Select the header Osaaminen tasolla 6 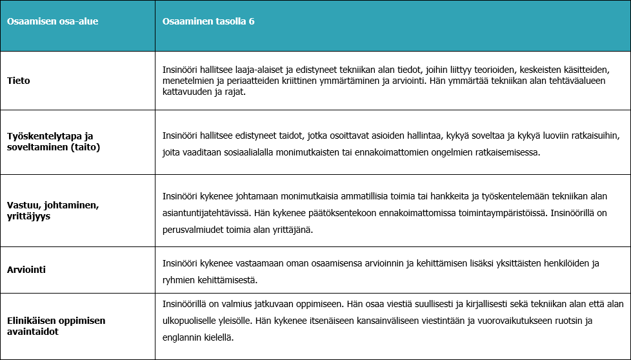pyautogui.click(x=208, y=21)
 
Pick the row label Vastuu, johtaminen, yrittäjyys pyautogui.click(x=52, y=211)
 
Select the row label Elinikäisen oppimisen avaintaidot pyautogui.click(x=55, y=326)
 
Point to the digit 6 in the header pyautogui.click(x=252, y=21)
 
